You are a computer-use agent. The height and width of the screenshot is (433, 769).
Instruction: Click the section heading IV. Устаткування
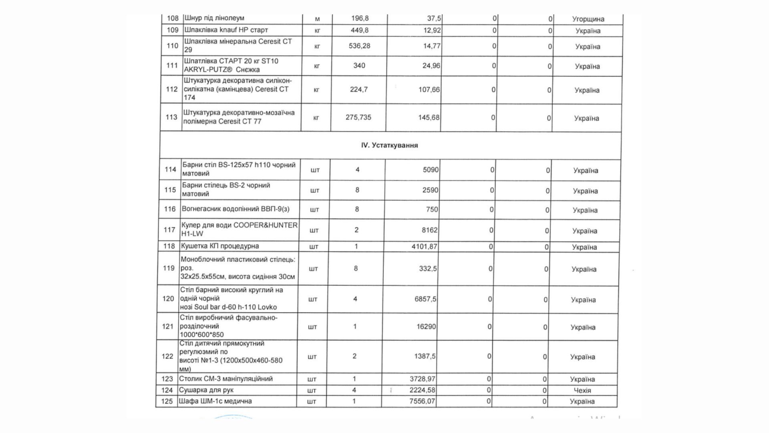point(389,145)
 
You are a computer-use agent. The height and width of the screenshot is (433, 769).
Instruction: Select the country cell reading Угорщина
point(588,19)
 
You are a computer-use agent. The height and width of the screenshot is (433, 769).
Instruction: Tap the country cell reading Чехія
point(582,390)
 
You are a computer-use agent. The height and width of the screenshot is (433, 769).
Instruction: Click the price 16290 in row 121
point(426,327)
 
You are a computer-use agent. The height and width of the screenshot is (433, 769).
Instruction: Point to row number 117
point(169,230)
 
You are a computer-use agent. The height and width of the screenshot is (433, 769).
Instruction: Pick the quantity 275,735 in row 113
point(358,117)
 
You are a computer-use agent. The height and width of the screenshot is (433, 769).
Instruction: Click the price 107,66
point(429,89)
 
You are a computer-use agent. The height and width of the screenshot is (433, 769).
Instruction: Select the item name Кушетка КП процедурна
point(220,246)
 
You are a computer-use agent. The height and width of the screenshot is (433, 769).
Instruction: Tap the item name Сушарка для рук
point(206,390)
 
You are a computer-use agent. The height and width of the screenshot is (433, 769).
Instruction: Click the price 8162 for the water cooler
point(429,230)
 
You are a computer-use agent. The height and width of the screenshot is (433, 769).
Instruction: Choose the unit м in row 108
point(317,18)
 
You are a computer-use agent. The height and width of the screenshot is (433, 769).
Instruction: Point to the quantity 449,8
point(359,30)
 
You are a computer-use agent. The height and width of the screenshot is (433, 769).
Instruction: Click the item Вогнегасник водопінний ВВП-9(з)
point(235,209)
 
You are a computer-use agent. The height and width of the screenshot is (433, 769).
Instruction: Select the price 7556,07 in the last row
point(422,401)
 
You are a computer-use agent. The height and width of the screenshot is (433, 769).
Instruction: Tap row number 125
point(167,401)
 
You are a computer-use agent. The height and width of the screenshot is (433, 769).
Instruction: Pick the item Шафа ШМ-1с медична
point(215,401)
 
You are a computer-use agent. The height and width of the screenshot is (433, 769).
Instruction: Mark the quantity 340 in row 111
point(359,65)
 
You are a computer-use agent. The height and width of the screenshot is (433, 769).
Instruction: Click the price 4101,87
point(424,247)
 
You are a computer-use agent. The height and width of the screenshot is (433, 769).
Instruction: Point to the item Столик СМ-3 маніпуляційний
point(226,379)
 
